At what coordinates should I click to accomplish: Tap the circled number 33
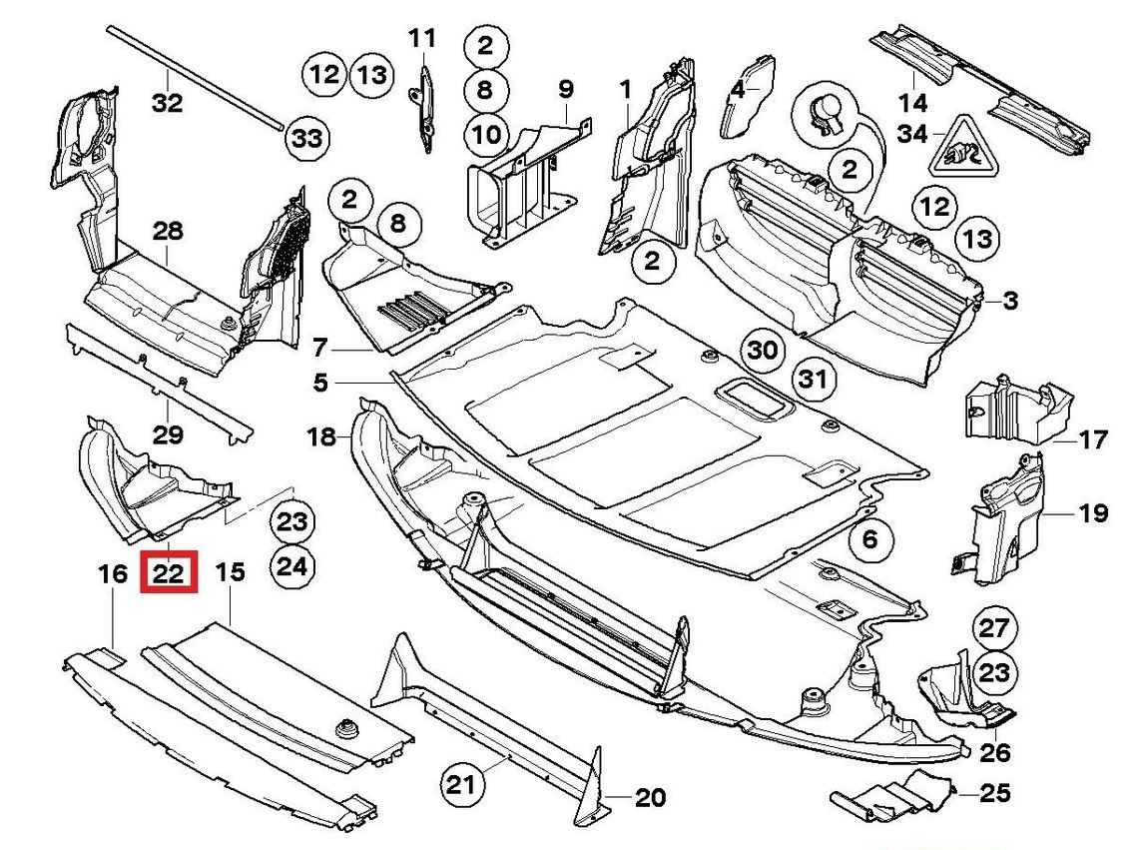pos(306,140)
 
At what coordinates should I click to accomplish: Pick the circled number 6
pos(869,540)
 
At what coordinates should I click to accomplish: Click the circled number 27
pos(994,629)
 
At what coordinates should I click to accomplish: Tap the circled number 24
pos(291,567)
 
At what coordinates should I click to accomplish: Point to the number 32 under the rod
pos(168,102)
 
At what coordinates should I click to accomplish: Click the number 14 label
pos(912,102)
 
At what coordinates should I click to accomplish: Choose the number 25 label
pos(994,794)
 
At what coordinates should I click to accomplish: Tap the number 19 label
pos(1093,513)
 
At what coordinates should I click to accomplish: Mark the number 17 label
pos(1093,438)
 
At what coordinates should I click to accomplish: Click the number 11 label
pos(422,39)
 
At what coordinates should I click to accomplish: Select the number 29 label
pos(168,434)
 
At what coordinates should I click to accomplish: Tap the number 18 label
pos(321,436)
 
